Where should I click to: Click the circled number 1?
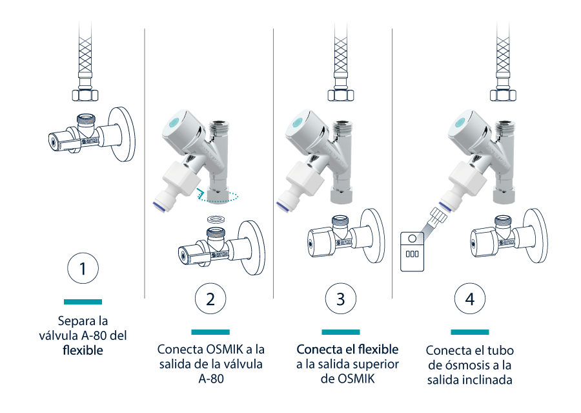pyautogui.click(x=83, y=268)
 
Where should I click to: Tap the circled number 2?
pyautogui.click(x=210, y=299)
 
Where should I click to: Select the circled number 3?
pyautogui.click(x=340, y=299)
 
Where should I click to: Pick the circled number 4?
pyautogui.click(x=470, y=299)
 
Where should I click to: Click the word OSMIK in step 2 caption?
pyautogui.click(x=225, y=349)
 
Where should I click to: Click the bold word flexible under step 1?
pyautogui.click(x=83, y=350)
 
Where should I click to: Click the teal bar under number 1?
pyautogui.click(x=83, y=302)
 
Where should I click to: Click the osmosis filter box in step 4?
pyautogui.click(x=412, y=251)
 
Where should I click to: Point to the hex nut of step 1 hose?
pyautogui.click(x=85, y=95)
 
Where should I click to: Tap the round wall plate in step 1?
pyautogui.click(x=121, y=134)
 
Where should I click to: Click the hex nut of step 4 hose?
pyautogui.click(x=503, y=95)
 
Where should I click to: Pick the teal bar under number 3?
pyautogui.click(x=340, y=332)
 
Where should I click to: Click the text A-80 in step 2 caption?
pyautogui.click(x=211, y=379)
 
